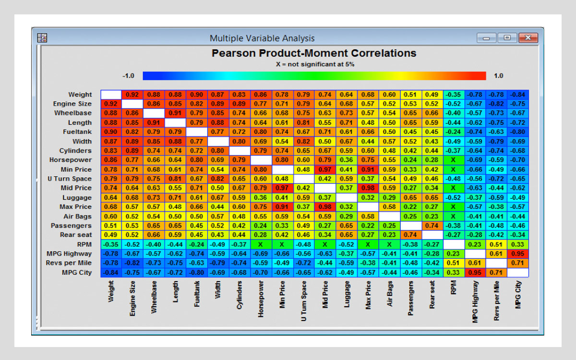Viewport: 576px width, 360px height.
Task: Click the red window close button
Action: [x=528, y=38]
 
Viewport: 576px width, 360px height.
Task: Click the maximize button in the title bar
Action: [x=507, y=38]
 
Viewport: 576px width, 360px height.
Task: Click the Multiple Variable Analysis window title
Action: [x=262, y=38]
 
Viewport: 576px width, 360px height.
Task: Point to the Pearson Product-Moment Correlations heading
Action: [x=314, y=53]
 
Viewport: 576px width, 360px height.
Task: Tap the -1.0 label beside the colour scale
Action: [x=128, y=76]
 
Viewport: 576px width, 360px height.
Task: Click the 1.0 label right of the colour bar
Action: [x=498, y=76]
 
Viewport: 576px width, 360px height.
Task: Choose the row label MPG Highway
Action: [x=69, y=253]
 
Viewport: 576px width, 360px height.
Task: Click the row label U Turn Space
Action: [x=69, y=179]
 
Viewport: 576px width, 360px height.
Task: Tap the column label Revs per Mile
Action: [x=496, y=301]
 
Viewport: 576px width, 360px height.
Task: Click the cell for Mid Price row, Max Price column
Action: [x=368, y=188]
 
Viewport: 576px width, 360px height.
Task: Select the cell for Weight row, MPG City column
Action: [x=517, y=95]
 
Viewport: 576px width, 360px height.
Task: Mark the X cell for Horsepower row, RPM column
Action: [x=453, y=160]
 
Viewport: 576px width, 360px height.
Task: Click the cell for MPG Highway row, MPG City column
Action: [x=517, y=253]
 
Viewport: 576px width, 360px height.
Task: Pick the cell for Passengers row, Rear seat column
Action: [x=432, y=226]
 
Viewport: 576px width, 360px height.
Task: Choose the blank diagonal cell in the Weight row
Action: [x=111, y=95]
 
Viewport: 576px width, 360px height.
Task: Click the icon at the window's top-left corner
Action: [x=42, y=38]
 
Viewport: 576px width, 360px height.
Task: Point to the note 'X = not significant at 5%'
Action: [x=314, y=64]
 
